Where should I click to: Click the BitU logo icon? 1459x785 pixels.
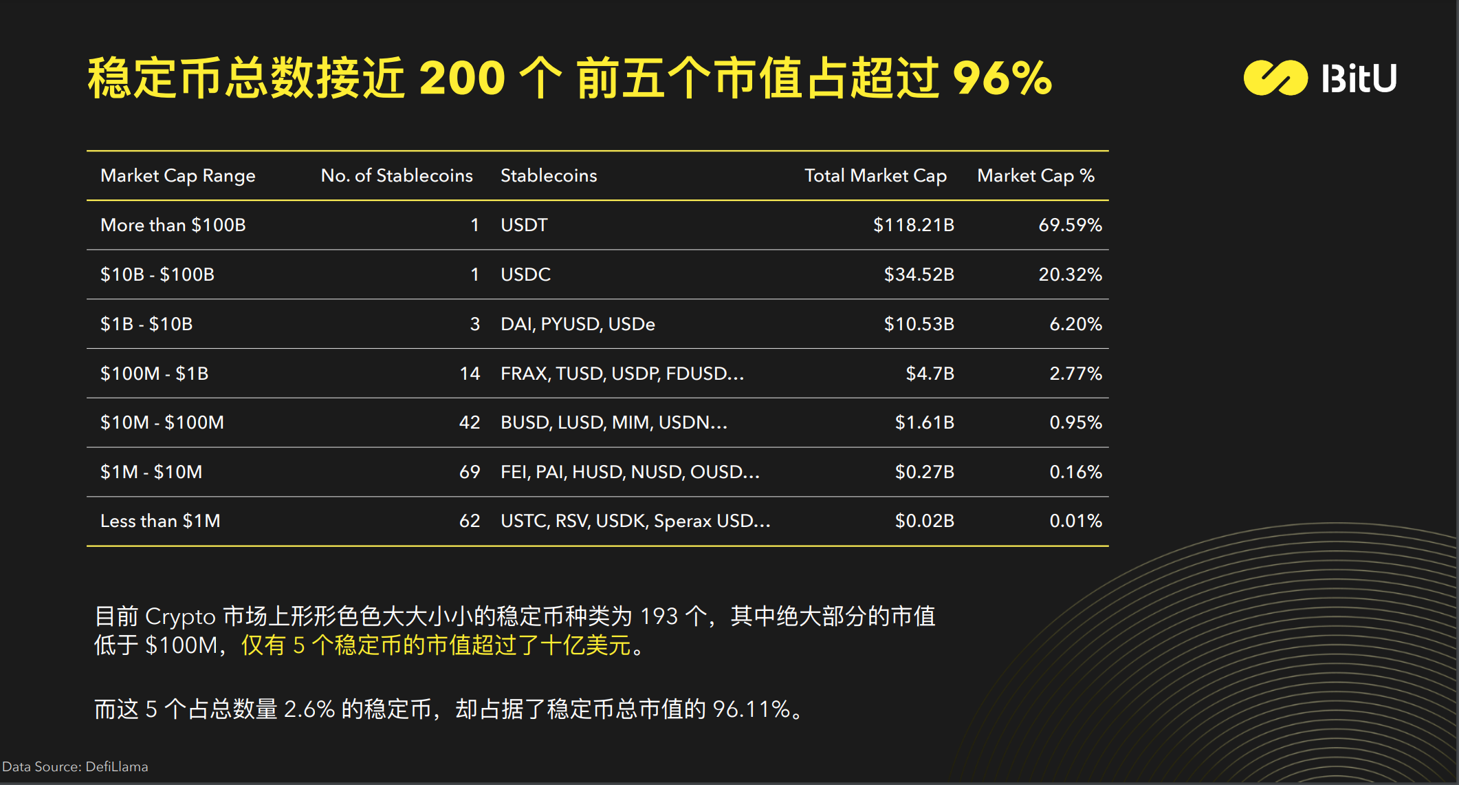(1275, 78)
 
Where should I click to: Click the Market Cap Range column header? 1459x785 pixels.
(177, 176)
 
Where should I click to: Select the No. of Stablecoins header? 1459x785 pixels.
(397, 176)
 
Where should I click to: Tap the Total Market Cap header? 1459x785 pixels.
(875, 176)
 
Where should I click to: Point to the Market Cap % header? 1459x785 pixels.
(1035, 176)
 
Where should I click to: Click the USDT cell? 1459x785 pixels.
(524, 226)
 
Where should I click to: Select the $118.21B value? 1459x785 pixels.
(913, 226)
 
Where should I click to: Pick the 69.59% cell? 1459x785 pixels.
(1070, 226)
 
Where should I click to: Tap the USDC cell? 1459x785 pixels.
(525, 275)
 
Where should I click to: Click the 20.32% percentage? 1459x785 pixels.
(1070, 275)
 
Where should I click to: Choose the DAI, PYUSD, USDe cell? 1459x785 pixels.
(578, 324)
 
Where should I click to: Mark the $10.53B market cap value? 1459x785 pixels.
(919, 324)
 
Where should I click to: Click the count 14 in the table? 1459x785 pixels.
(470, 374)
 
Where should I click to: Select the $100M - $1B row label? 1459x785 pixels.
(154, 374)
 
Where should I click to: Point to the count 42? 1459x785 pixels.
(470, 422)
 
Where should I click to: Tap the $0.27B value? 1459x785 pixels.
(924, 472)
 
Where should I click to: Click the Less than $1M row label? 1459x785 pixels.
(160, 521)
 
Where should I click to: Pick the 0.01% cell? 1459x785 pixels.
(1075, 521)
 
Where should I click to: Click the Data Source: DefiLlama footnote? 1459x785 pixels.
(75, 767)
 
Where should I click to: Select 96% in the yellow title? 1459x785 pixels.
(1002, 78)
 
